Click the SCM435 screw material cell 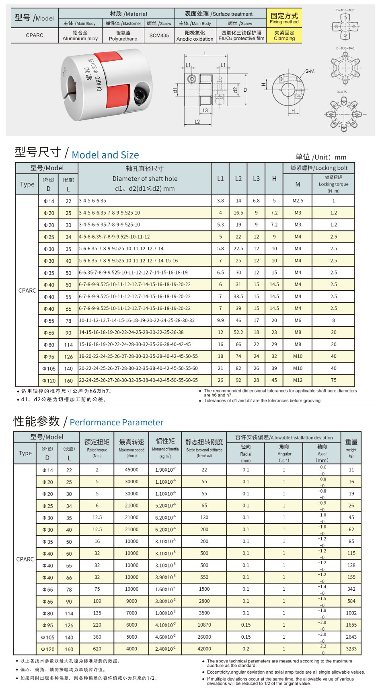(x=159, y=35)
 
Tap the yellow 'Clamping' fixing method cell (x=284, y=35)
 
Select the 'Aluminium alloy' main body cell (x=80, y=36)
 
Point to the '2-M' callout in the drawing (x=310, y=71)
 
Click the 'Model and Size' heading (x=105, y=155)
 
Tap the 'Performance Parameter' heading (x=116, y=422)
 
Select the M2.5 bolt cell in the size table (x=298, y=200)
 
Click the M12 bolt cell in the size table (x=298, y=380)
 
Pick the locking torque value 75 (x=333, y=380)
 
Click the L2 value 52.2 (x=238, y=332)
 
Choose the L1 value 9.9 (x=220, y=320)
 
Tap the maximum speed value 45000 (x=131, y=470)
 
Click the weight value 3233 (x=351, y=649)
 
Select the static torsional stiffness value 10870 (x=204, y=625)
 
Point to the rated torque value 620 (x=97, y=649)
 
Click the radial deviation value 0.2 (x=246, y=649)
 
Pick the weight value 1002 (x=351, y=613)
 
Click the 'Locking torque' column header (x=333, y=184)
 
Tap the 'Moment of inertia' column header (x=165, y=450)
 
